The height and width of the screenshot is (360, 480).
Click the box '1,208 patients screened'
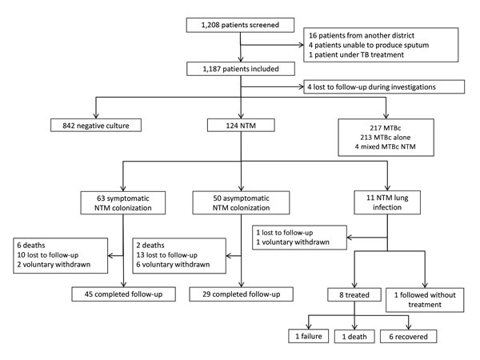coord(240,25)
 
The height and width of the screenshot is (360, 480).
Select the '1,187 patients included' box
coord(241,69)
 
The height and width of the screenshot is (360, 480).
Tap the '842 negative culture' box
coord(96,126)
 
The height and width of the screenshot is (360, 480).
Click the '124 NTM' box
coord(241,126)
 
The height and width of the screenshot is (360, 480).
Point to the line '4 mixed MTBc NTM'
coord(385,146)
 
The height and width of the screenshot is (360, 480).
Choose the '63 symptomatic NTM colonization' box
coord(123,203)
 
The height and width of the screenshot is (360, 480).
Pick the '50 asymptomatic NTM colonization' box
coord(241,202)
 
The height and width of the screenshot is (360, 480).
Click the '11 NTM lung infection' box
coord(387,202)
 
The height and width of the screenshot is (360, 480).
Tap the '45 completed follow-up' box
coord(124,294)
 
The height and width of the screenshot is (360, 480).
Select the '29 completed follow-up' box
coord(242,294)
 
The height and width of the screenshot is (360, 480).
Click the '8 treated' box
coord(354,294)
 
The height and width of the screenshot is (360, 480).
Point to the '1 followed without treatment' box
coord(425,300)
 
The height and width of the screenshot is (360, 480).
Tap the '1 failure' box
coord(309,336)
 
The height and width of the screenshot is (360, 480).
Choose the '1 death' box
coord(354,337)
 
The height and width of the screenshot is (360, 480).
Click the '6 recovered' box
coord(408,337)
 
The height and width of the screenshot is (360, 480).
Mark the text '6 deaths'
coord(31,246)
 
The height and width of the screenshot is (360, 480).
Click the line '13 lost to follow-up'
coord(167,255)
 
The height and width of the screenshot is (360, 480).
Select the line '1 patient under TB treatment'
coord(356,54)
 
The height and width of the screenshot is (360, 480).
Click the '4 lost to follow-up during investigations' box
coord(384,87)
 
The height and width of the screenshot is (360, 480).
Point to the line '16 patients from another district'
coord(362,35)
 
